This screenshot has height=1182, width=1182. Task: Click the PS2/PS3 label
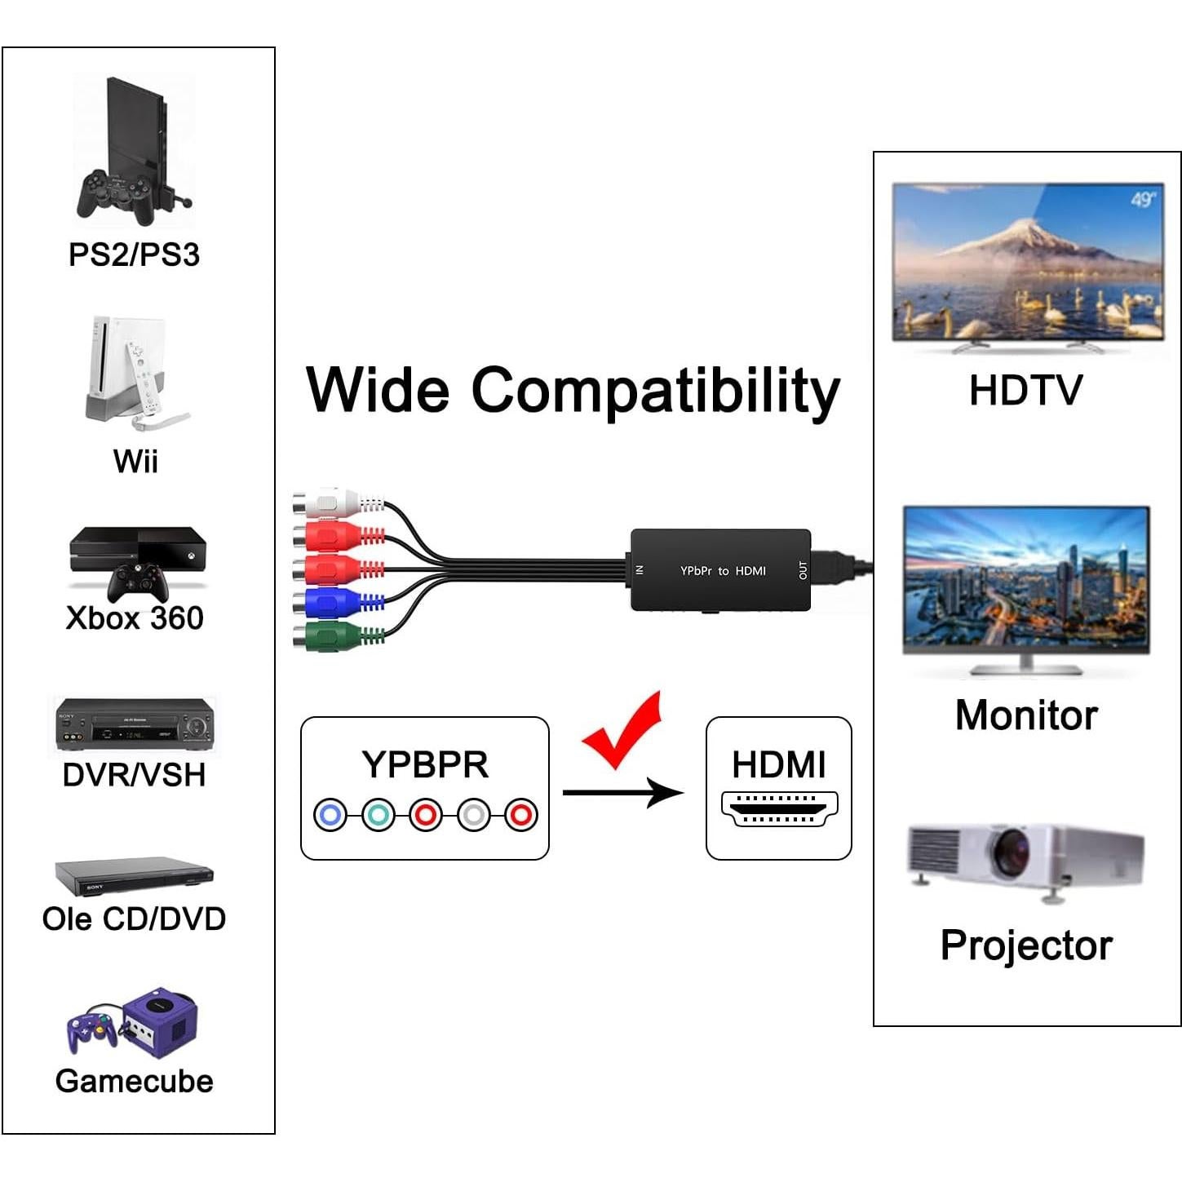[134, 255]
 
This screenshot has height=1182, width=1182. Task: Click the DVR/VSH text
[134, 774]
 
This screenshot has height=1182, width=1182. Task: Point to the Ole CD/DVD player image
[134, 876]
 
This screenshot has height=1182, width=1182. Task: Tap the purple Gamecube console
[162, 1022]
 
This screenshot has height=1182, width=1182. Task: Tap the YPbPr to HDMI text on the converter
[723, 571]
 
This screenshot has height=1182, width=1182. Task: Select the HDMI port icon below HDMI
[779, 808]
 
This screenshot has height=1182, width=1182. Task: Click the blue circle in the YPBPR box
[330, 814]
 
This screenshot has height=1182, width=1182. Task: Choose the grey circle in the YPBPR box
[474, 814]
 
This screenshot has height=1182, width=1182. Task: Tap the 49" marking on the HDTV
[1142, 200]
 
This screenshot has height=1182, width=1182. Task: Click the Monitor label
[1026, 715]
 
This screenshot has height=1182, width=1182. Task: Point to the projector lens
[1010, 852]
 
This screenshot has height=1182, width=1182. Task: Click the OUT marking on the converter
[803, 570]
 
